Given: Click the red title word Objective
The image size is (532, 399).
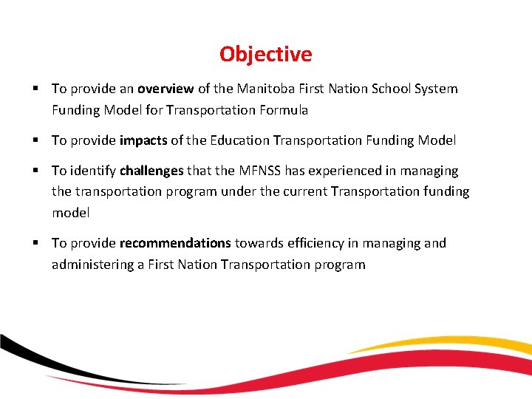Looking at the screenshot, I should [x=265, y=55].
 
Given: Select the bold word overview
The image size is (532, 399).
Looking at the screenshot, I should [x=165, y=89].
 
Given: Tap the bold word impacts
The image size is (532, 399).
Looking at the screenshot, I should [x=143, y=140].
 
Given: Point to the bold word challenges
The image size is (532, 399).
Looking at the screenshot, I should [x=151, y=171].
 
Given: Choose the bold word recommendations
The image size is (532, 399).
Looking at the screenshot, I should [x=175, y=243].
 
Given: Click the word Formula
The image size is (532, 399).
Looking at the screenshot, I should [x=282, y=111].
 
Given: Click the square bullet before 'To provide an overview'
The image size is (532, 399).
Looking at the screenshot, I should [x=35, y=89].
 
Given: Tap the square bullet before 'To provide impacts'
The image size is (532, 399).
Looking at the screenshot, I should [x=35, y=140].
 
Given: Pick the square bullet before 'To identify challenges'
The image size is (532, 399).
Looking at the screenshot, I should [x=35, y=171].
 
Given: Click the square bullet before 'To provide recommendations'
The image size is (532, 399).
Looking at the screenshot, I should [x=35, y=243].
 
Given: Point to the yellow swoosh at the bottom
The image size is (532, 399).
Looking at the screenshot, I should [x=443, y=343].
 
